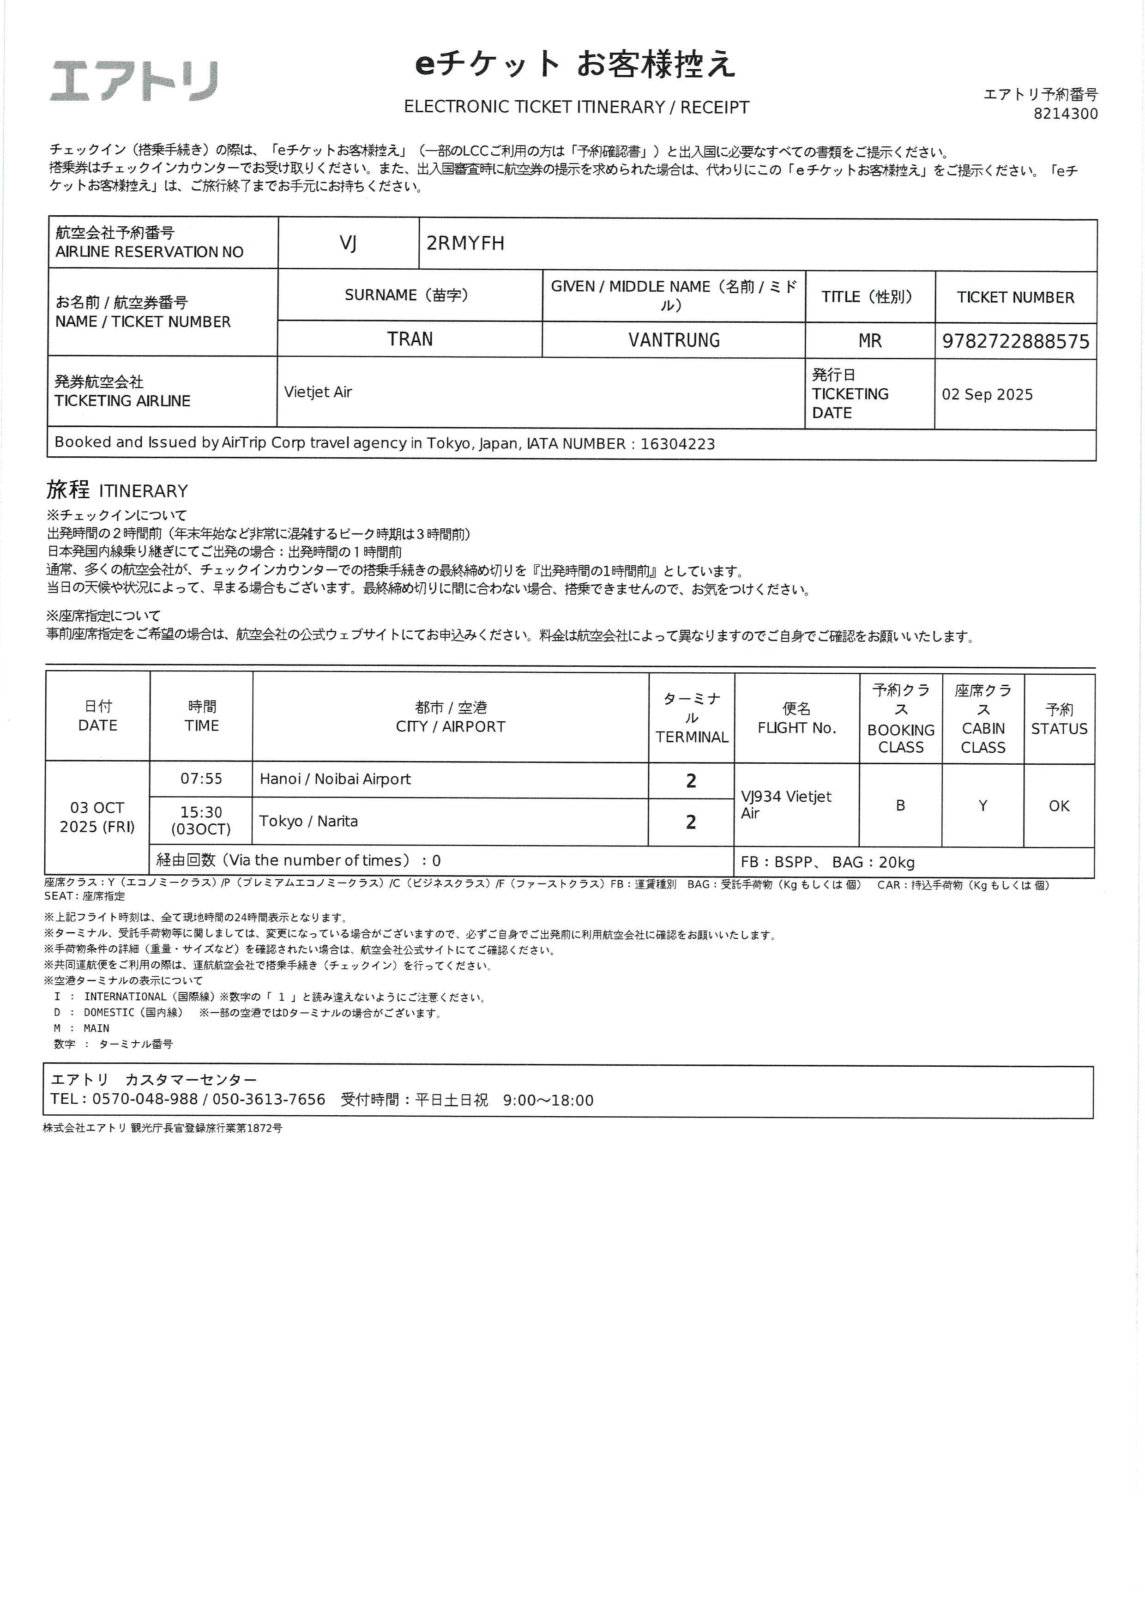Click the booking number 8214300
[x=1065, y=114]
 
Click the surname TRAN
[x=410, y=339]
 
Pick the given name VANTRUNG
[x=674, y=340]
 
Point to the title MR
[x=870, y=341]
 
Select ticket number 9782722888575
[x=1015, y=341]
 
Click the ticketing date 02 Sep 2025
[x=987, y=394]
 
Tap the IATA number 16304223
[x=677, y=444]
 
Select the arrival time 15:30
[x=201, y=812]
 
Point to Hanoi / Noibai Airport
[x=335, y=779]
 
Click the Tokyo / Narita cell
[x=308, y=821]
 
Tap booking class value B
[x=900, y=805]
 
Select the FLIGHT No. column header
[x=796, y=718]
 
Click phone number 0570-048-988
[x=145, y=1099]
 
